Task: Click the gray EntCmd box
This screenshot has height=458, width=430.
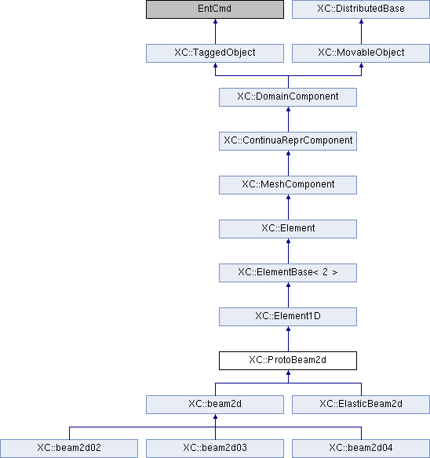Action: (x=215, y=9)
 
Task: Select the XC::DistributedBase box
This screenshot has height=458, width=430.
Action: (x=361, y=9)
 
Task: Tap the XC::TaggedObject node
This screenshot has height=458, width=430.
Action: (x=215, y=53)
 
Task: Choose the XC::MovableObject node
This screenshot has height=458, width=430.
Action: (x=361, y=53)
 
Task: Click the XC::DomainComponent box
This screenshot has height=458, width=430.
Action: (x=288, y=97)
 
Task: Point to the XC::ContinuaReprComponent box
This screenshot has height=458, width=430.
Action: (x=288, y=141)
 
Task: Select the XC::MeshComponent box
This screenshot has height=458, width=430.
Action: (x=288, y=185)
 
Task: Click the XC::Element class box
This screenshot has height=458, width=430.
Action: (x=288, y=229)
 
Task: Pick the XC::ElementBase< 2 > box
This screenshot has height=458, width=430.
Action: (x=288, y=273)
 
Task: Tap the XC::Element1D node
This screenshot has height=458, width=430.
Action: (x=288, y=317)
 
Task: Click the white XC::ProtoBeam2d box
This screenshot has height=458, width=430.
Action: (x=288, y=361)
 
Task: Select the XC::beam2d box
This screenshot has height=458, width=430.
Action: (x=215, y=405)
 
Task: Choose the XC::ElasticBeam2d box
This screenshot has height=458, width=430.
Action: (x=361, y=405)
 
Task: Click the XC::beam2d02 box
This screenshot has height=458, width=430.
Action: (x=69, y=449)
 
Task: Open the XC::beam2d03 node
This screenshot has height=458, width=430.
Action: (x=215, y=449)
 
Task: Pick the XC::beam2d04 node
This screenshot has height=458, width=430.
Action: (x=361, y=449)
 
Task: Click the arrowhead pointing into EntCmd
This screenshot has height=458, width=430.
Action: (x=216, y=21)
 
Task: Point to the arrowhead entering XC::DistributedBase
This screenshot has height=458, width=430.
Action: (x=361, y=21)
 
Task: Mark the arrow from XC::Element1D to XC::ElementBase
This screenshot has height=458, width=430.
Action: (x=288, y=295)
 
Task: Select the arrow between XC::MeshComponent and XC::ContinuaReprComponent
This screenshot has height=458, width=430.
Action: (x=288, y=163)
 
